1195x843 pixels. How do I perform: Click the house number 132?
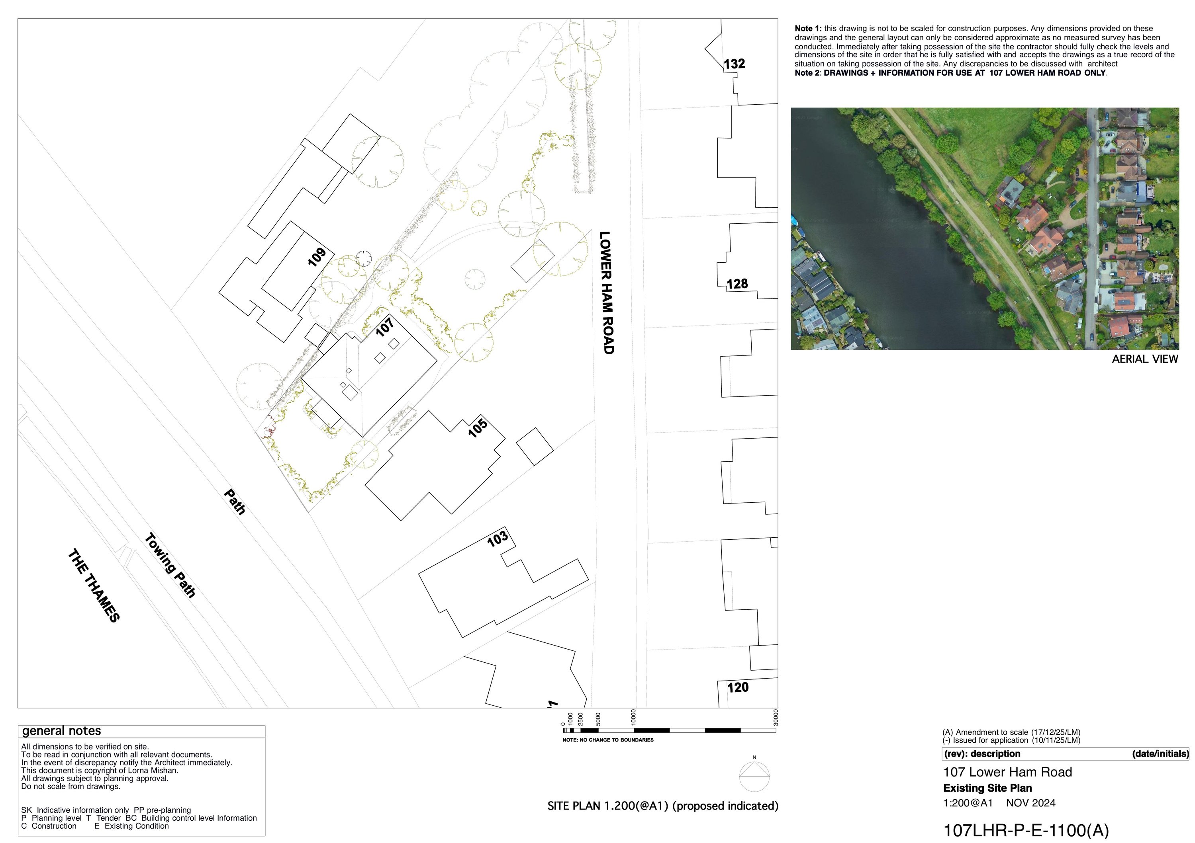point(735,64)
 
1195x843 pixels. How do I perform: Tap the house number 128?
point(737,284)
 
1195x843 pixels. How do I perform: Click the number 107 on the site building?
point(385,327)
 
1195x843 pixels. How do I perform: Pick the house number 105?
point(477,427)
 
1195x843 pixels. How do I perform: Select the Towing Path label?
point(170,565)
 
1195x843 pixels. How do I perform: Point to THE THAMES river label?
point(94,585)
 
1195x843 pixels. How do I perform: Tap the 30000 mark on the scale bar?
point(776,718)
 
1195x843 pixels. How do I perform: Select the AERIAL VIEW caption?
point(1144,359)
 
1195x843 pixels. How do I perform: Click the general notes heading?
point(61,731)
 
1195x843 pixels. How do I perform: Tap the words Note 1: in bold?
point(808,29)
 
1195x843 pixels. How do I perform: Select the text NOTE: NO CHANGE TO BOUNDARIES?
point(608,740)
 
